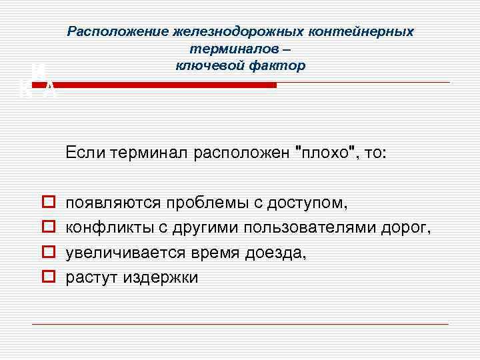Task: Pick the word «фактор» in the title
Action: coord(276,65)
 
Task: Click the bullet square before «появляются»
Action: coord(47,201)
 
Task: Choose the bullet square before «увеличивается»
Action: coord(47,252)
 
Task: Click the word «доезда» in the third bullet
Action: coord(277,253)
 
